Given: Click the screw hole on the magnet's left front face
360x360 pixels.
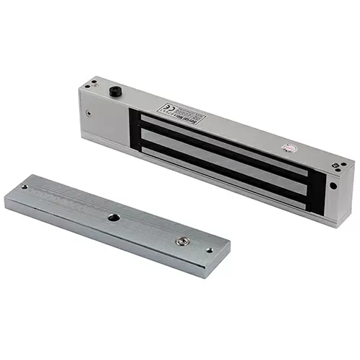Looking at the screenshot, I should pyautogui.click(x=87, y=113).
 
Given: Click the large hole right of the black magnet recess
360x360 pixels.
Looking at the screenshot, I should pyautogui.click(x=333, y=184).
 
